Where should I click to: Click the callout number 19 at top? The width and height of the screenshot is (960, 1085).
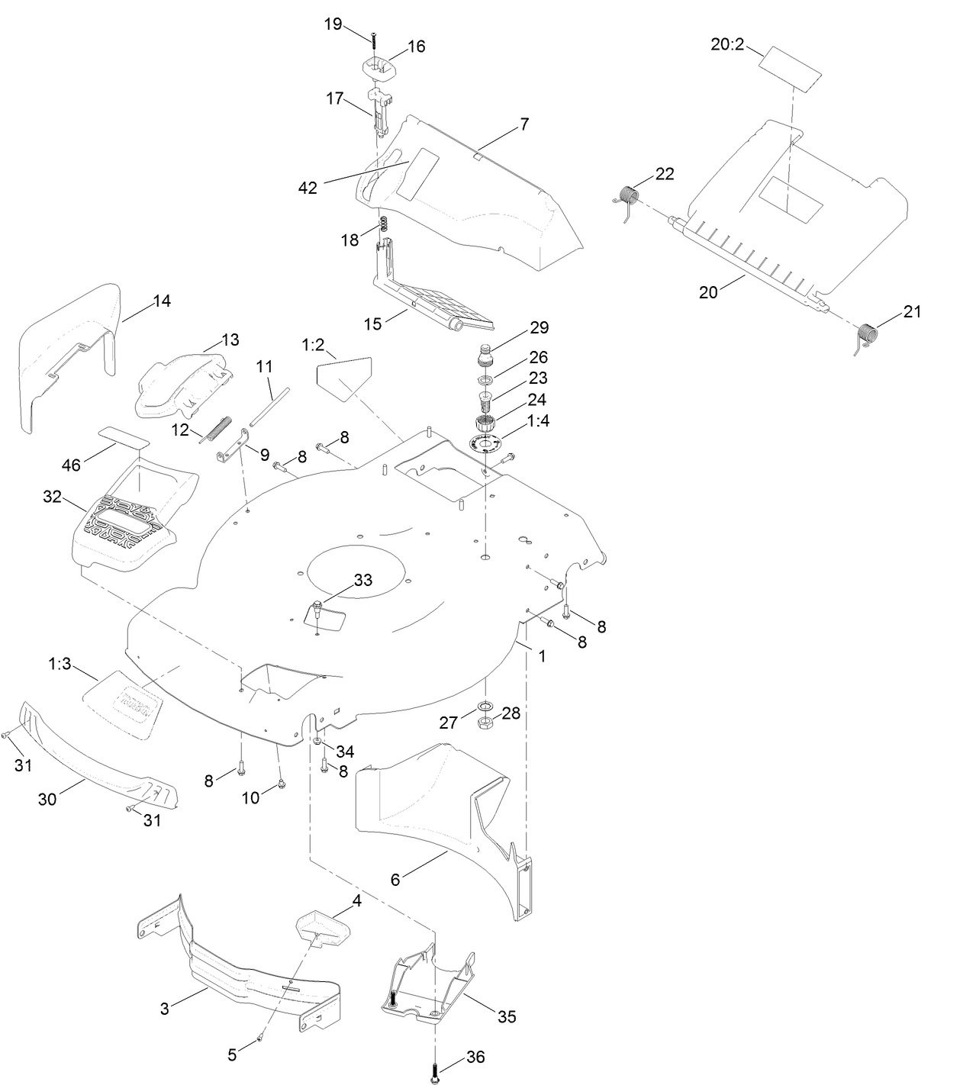click(x=333, y=24)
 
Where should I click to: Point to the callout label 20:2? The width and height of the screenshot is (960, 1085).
click(x=726, y=45)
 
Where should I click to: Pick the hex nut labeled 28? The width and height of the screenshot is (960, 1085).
click(x=484, y=723)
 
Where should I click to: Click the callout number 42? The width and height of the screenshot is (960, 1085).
click(x=308, y=188)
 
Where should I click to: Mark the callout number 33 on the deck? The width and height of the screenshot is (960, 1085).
click(x=363, y=580)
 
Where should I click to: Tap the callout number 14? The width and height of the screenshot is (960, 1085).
click(x=162, y=301)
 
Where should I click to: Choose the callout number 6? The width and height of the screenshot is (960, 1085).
click(x=395, y=879)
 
